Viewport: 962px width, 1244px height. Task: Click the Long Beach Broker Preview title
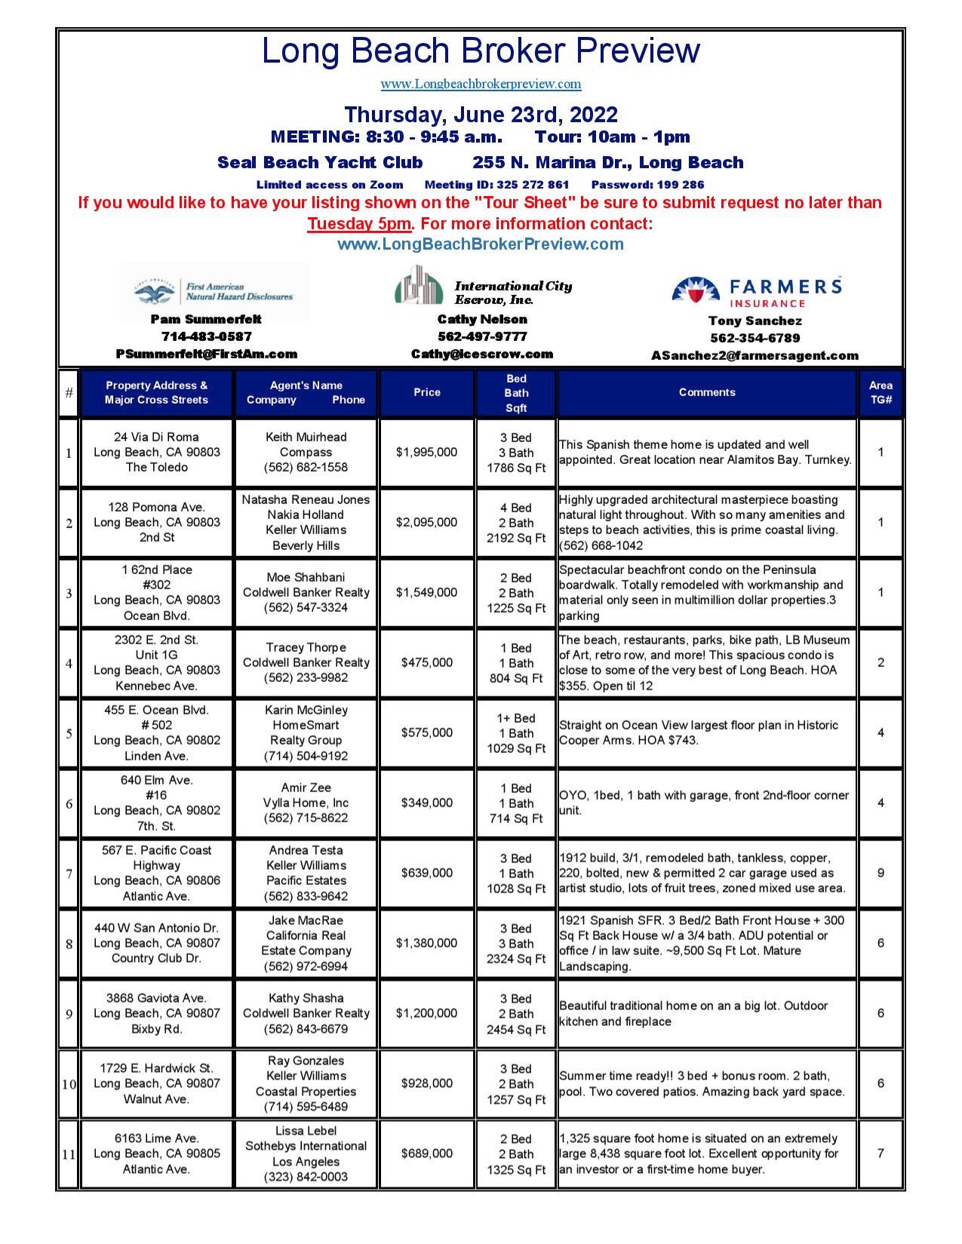pyautogui.click(x=481, y=51)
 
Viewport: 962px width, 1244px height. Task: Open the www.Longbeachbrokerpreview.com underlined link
pyautogui.click(x=481, y=84)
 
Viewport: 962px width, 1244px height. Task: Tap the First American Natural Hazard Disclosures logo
pyautogui.click(x=214, y=291)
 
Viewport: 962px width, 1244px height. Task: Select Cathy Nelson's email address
pyautogui.click(x=481, y=354)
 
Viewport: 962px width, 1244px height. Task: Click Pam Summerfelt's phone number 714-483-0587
pyautogui.click(x=206, y=336)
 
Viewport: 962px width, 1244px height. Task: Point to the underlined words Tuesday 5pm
pyautogui.click(x=359, y=224)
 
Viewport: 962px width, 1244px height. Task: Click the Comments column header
pyautogui.click(x=706, y=392)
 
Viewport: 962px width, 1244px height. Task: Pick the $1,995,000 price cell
pyautogui.click(x=426, y=452)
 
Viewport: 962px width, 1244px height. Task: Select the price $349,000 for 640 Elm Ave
pyautogui.click(x=426, y=803)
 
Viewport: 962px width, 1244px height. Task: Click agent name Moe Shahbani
pyautogui.click(x=306, y=577)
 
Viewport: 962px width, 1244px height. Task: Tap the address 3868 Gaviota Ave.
pyautogui.click(x=156, y=998)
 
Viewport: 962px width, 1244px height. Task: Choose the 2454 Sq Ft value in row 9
pyautogui.click(x=516, y=1029)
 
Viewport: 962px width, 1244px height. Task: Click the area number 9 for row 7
pyautogui.click(x=881, y=873)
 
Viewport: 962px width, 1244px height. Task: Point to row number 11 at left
pyautogui.click(x=69, y=1154)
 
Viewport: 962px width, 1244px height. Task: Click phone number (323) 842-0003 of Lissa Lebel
pyautogui.click(x=306, y=1177)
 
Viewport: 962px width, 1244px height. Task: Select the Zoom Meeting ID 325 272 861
pyautogui.click(x=496, y=184)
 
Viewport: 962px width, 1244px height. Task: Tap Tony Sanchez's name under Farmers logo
pyautogui.click(x=755, y=321)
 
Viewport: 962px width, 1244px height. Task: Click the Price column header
pyautogui.click(x=426, y=392)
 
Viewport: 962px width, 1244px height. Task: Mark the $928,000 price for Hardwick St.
pyautogui.click(x=426, y=1083)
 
